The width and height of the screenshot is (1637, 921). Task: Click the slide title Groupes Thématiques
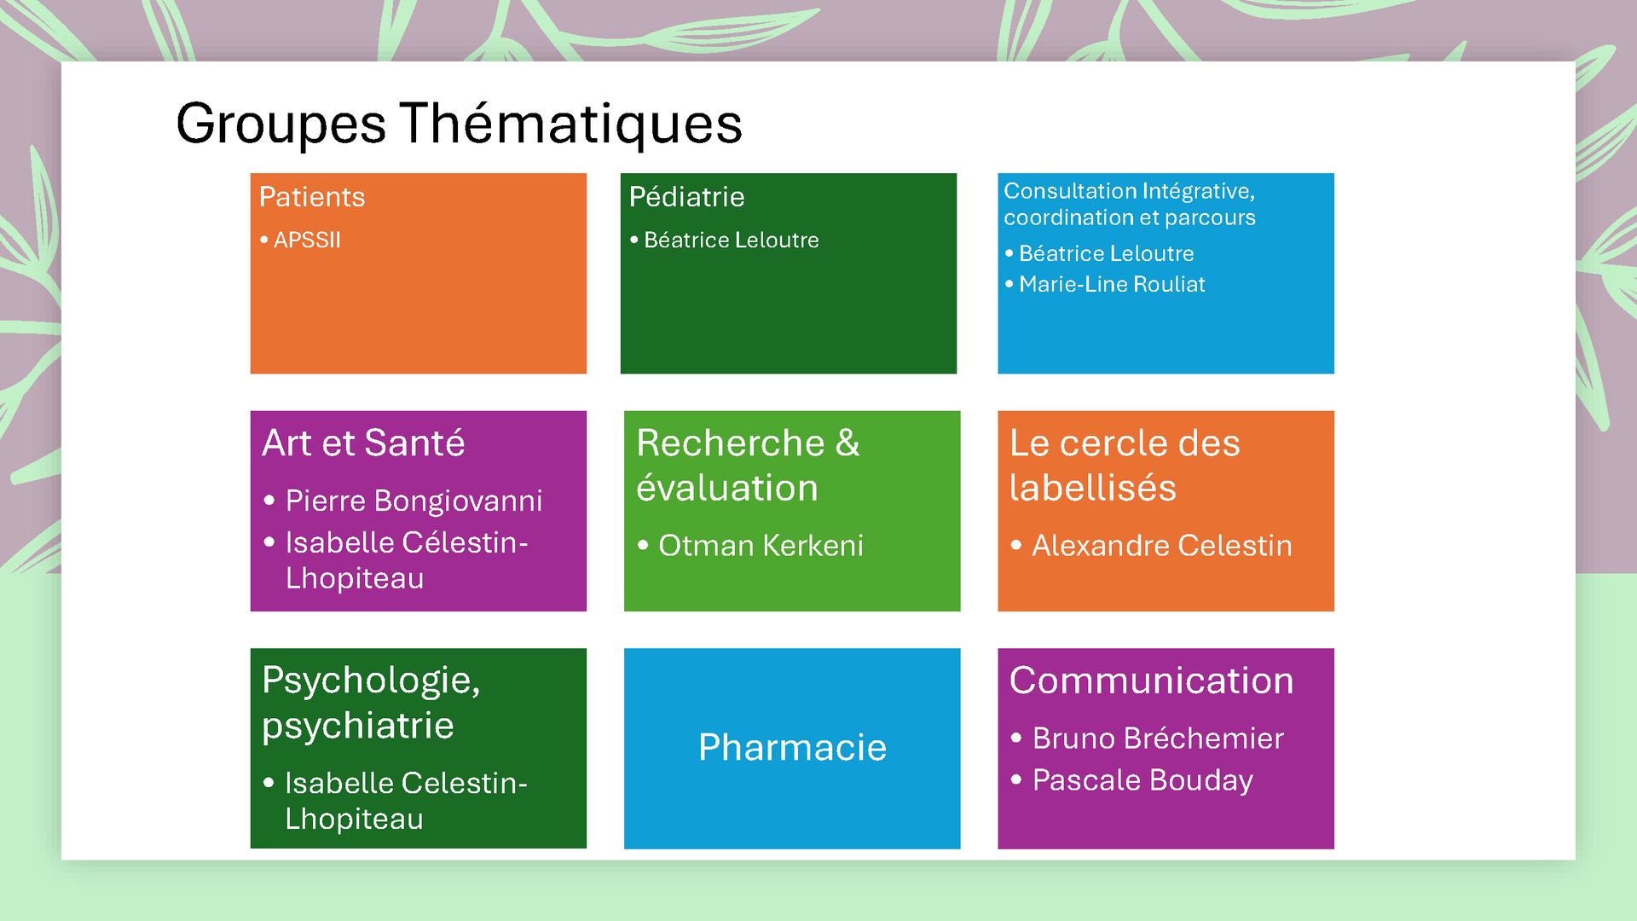point(459,125)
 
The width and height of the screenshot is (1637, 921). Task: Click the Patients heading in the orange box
point(312,197)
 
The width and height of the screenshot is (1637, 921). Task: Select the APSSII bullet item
point(307,240)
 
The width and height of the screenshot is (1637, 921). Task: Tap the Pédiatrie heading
point(686,197)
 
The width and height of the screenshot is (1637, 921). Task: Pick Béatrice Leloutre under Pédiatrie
point(731,240)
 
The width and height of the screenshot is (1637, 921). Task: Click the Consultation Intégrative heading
point(1130,204)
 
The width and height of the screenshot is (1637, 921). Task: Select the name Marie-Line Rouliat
point(1112,284)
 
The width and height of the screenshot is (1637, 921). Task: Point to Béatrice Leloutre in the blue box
point(1106,253)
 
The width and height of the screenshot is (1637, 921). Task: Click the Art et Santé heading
point(363,443)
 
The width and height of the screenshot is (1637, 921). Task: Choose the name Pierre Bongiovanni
point(414,501)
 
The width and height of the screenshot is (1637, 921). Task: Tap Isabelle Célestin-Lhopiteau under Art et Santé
point(407,560)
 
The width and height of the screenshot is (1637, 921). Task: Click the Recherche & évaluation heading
point(748,466)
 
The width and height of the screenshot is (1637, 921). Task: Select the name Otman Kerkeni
point(761,546)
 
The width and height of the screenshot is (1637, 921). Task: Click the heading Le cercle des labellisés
point(1125,466)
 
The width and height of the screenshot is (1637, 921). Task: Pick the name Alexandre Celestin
point(1162,546)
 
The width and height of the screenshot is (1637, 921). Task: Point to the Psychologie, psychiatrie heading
point(371,703)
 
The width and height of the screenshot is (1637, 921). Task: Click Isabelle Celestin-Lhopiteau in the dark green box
point(406,801)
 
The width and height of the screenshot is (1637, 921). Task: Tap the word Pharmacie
point(792,748)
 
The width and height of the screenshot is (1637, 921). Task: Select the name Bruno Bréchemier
point(1158,739)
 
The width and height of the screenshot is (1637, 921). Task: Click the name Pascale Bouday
point(1142,780)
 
